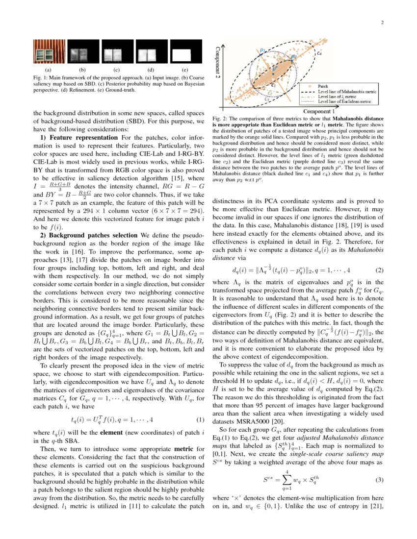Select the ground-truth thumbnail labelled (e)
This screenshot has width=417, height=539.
point(185,51)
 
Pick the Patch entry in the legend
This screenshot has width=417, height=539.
point(323,86)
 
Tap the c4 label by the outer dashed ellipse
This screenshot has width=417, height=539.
point(319,53)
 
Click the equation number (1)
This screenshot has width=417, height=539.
point(200,420)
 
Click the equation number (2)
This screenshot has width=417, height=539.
point(379,270)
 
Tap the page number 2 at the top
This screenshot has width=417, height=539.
point(381,23)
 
